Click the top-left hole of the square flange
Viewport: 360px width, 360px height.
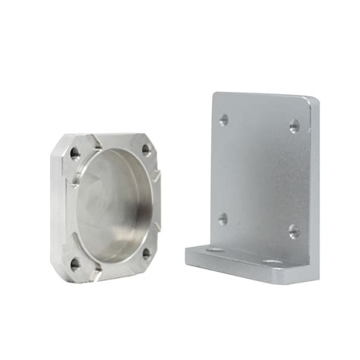[x=74, y=153]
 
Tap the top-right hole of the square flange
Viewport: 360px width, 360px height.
[x=147, y=150]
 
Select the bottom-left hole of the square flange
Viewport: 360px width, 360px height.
[x=75, y=264]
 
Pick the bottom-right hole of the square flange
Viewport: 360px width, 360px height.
[x=146, y=253]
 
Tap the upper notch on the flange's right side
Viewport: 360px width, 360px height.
[x=156, y=176]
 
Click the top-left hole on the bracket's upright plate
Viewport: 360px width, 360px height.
[x=223, y=119]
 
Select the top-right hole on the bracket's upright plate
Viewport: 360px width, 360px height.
[x=294, y=126]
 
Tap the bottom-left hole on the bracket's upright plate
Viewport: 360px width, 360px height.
[x=223, y=219]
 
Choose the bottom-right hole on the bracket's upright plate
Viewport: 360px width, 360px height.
[x=293, y=230]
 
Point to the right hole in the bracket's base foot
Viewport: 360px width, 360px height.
[x=272, y=263]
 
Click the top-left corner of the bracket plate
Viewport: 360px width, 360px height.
[x=213, y=94]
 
